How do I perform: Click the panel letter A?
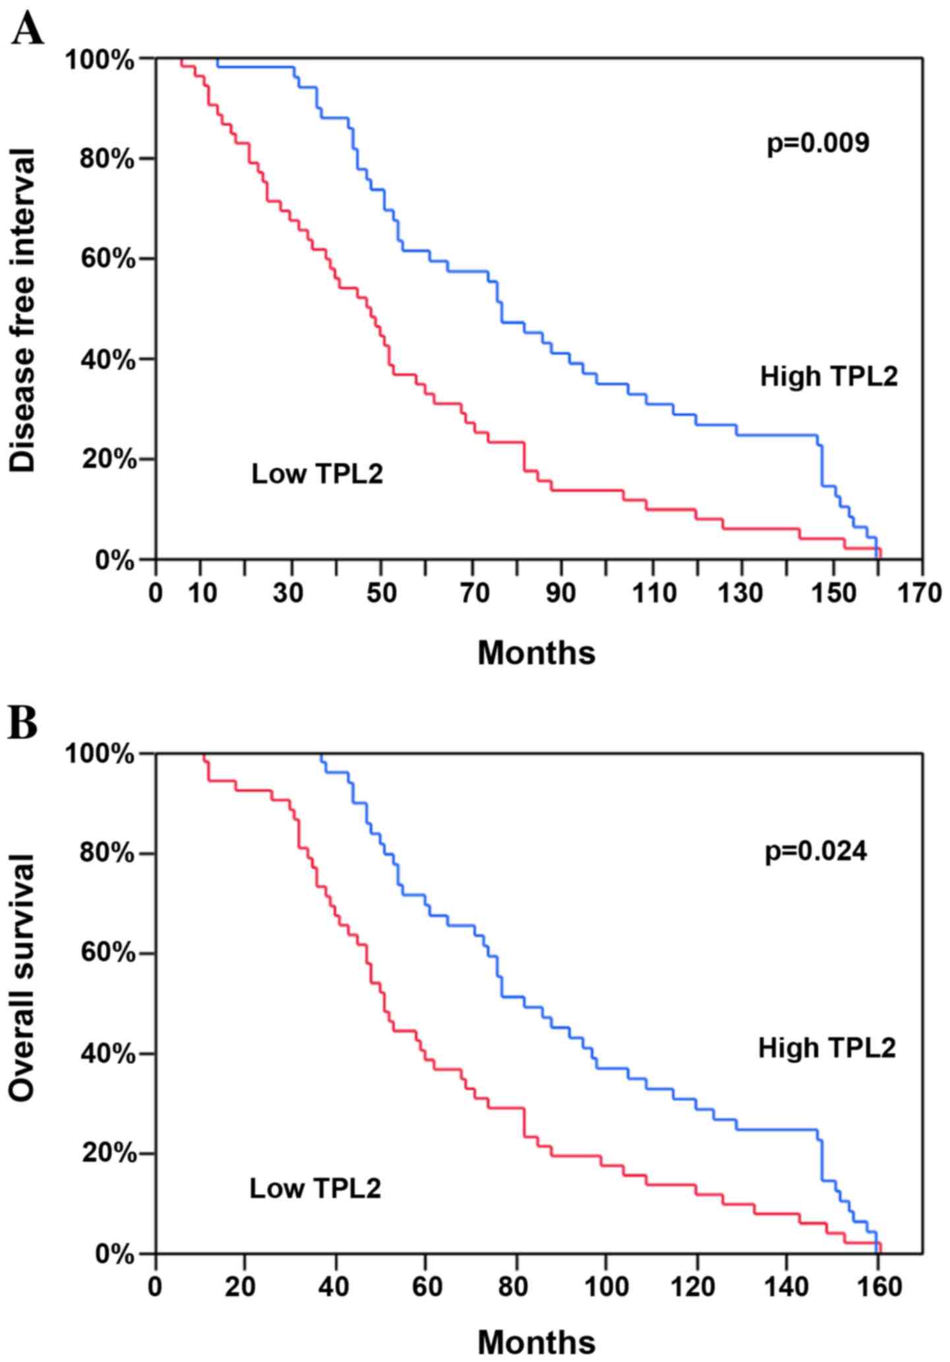pyautogui.click(x=28, y=29)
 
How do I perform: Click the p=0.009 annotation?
pyautogui.click(x=817, y=142)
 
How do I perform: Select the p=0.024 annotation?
pyautogui.click(x=816, y=851)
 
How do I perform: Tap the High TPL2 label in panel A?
pyautogui.click(x=829, y=377)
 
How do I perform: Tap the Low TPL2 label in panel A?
pyautogui.click(x=316, y=474)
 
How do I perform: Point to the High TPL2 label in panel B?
pyautogui.click(x=827, y=1048)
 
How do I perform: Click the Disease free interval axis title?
pyautogui.click(x=23, y=310)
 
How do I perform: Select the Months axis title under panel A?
pyautogui.click(x=536, y=652)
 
